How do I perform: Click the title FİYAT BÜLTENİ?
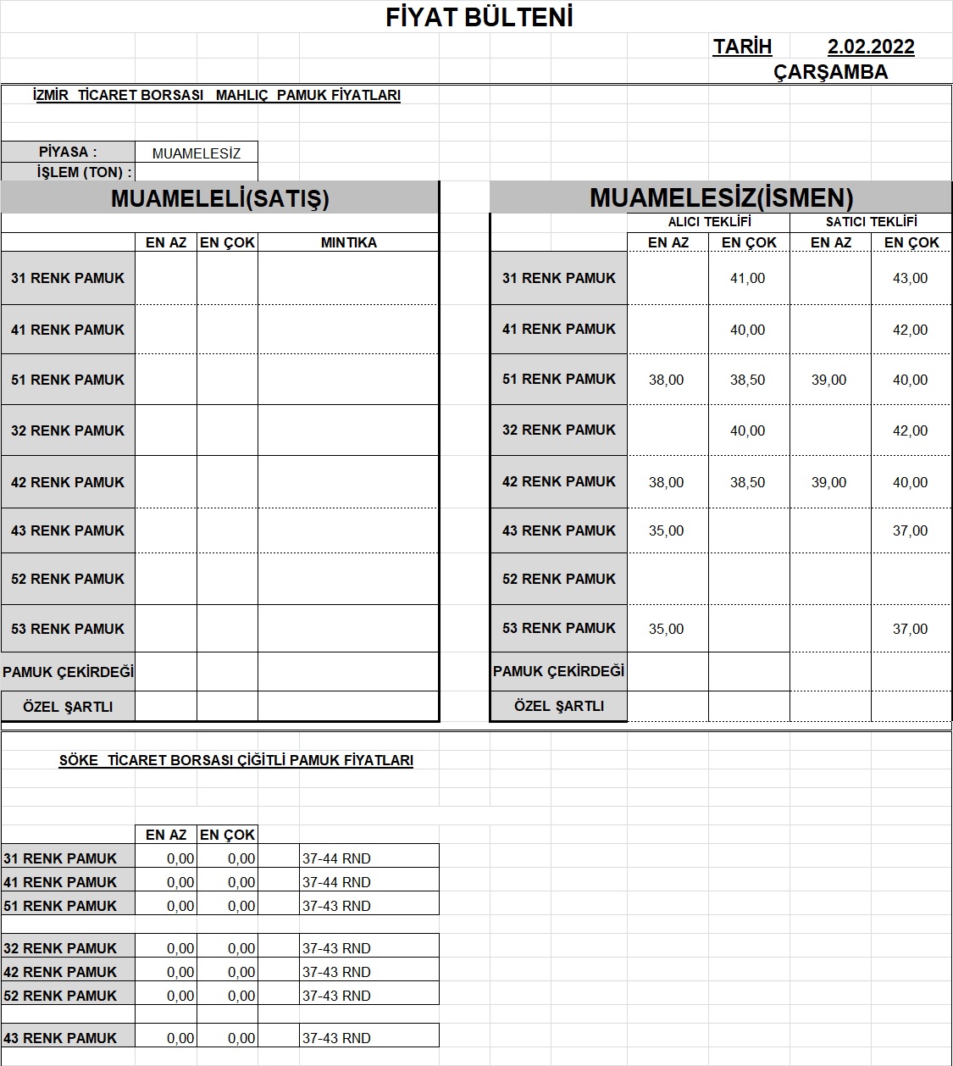point(479,18)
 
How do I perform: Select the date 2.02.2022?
point(871,47)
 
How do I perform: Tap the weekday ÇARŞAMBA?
point(830,72)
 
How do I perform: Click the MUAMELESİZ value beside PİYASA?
point(197,153)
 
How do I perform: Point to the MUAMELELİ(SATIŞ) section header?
point(220,198)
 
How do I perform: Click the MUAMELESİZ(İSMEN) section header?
point(721,198)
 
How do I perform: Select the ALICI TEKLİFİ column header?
point(709,222)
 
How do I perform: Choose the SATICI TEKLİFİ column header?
point(871,222)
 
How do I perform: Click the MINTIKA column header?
point(348,242)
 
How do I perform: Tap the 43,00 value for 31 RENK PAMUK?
point(910,278)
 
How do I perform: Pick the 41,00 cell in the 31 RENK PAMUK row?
point(747,278)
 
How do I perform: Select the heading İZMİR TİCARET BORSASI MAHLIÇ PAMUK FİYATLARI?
point(216,96)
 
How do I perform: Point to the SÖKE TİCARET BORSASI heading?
point(235,760)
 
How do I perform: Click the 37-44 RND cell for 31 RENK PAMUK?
point(336,858)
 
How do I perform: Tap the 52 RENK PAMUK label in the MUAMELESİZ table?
point(559,579)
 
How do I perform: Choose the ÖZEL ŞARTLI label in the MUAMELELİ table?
point(68,707)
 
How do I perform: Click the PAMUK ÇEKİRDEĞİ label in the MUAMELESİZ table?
point(559,671)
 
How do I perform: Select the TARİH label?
point(742,47)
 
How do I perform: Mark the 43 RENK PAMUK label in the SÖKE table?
point(60,1038)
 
